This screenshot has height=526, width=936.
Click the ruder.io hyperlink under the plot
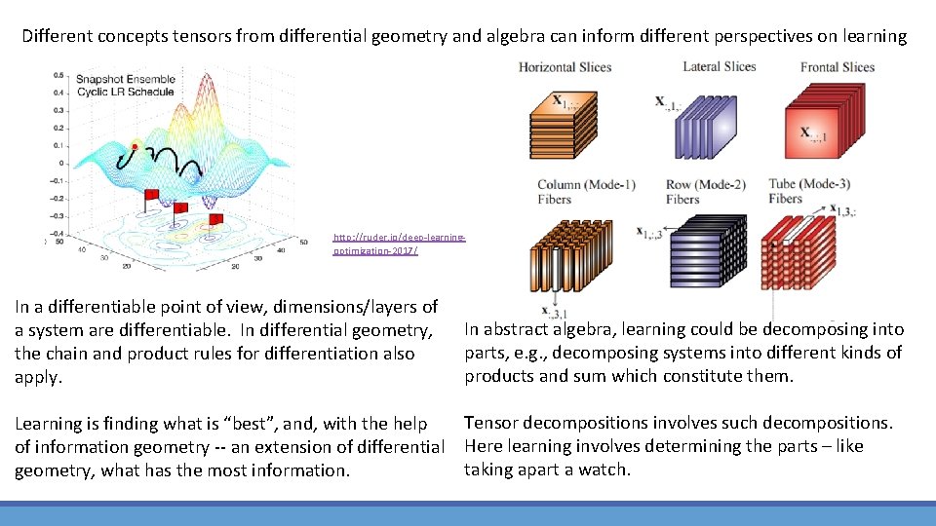(399, 244)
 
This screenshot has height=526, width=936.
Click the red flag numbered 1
(152, 197)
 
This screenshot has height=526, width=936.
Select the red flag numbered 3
(215, 219)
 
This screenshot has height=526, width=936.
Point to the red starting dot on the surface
(135, 146)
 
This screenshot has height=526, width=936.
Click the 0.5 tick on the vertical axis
(59, 75)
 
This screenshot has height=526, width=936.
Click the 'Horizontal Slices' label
(565, 67)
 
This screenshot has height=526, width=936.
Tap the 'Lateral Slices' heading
(719, 66)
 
